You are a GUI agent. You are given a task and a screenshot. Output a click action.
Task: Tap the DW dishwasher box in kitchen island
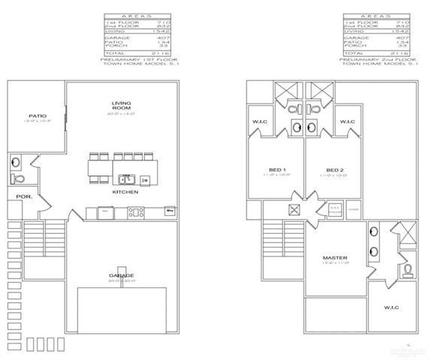[143, 180]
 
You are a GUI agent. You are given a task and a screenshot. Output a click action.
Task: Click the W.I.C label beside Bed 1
[261, 122]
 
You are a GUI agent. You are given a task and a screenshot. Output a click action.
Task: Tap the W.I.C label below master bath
[391, 307]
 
